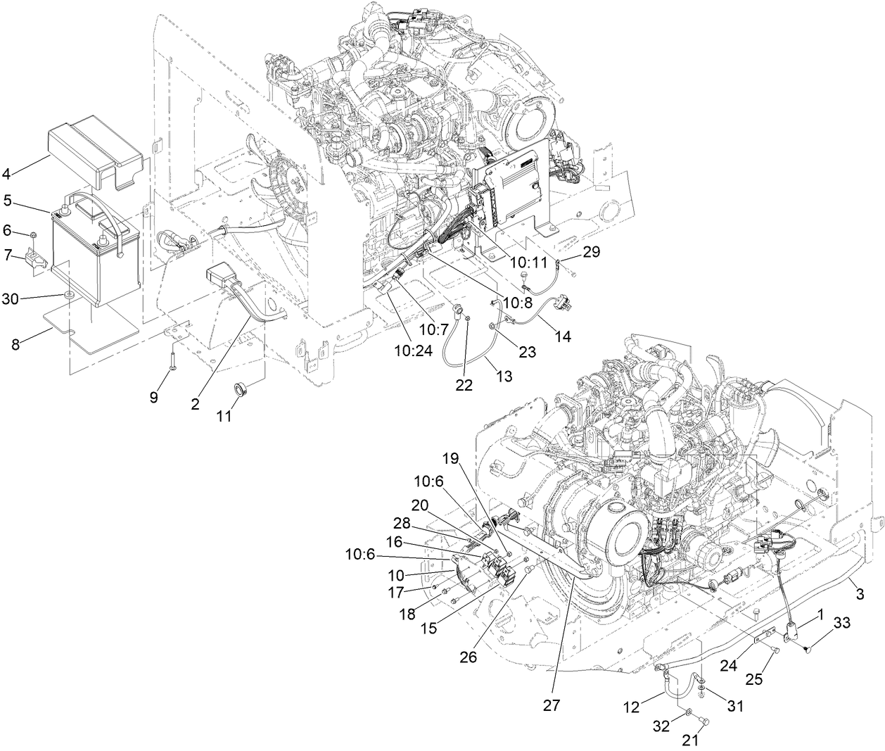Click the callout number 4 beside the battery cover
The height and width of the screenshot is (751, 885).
point(7,172)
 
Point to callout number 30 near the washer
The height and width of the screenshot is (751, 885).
point(11,298)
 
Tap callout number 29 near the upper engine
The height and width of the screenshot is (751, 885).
point(592,252)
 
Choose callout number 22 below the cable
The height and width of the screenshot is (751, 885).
point(464,385)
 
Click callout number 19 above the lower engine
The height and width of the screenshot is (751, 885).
point(450,459)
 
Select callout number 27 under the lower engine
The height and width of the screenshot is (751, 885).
point(552,705)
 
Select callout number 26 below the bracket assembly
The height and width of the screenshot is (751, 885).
point(468,657)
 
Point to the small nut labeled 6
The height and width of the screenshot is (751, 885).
point(33,234)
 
